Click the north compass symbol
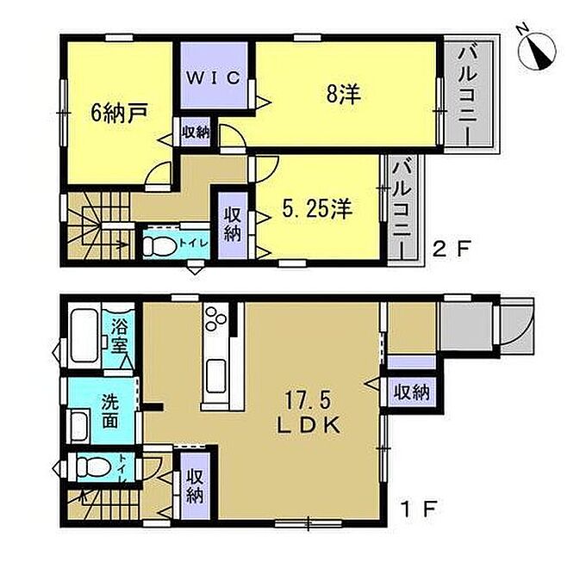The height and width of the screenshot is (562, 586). pos(538,50)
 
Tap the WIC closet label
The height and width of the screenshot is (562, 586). pos(214,77)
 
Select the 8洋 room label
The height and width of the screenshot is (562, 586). pos(344,94)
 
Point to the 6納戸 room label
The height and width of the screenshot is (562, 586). pos(120,113)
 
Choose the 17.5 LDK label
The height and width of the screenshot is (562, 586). pos(309,413)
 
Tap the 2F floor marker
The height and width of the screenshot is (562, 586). pos(450,247)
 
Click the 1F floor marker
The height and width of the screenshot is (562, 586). pos(419,508)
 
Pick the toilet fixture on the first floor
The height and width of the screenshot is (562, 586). pos(93,466)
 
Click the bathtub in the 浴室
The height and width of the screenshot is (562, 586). pos(84,336)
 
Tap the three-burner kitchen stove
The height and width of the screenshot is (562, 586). pos(216,318)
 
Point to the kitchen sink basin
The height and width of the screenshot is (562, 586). pos(216,376)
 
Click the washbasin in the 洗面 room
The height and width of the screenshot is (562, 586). pos(79,426)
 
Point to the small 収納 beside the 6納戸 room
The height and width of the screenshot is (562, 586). pos(196,132)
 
